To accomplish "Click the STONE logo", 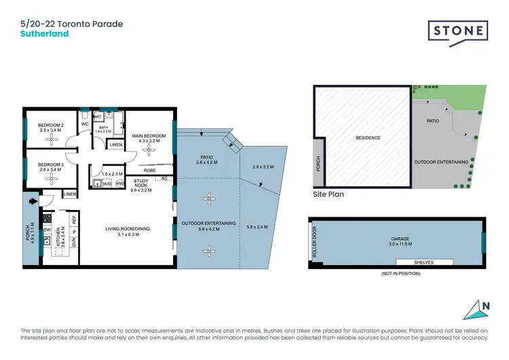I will (457, 31).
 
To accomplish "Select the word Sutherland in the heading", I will (45, 33).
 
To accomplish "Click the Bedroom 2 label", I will (51, 125).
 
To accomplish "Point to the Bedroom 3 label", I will (51, 165).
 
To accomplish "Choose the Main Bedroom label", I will (149, 136).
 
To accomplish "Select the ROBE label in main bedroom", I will (149, 170).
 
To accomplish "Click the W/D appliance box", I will (107, 183).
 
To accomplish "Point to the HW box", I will (119, 183).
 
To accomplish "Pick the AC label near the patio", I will (164, 179).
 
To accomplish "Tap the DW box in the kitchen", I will (48, 230).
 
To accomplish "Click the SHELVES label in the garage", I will (424, 262).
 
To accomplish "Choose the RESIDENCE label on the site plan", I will (368, 138).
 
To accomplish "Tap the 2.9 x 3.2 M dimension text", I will (262, 166).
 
